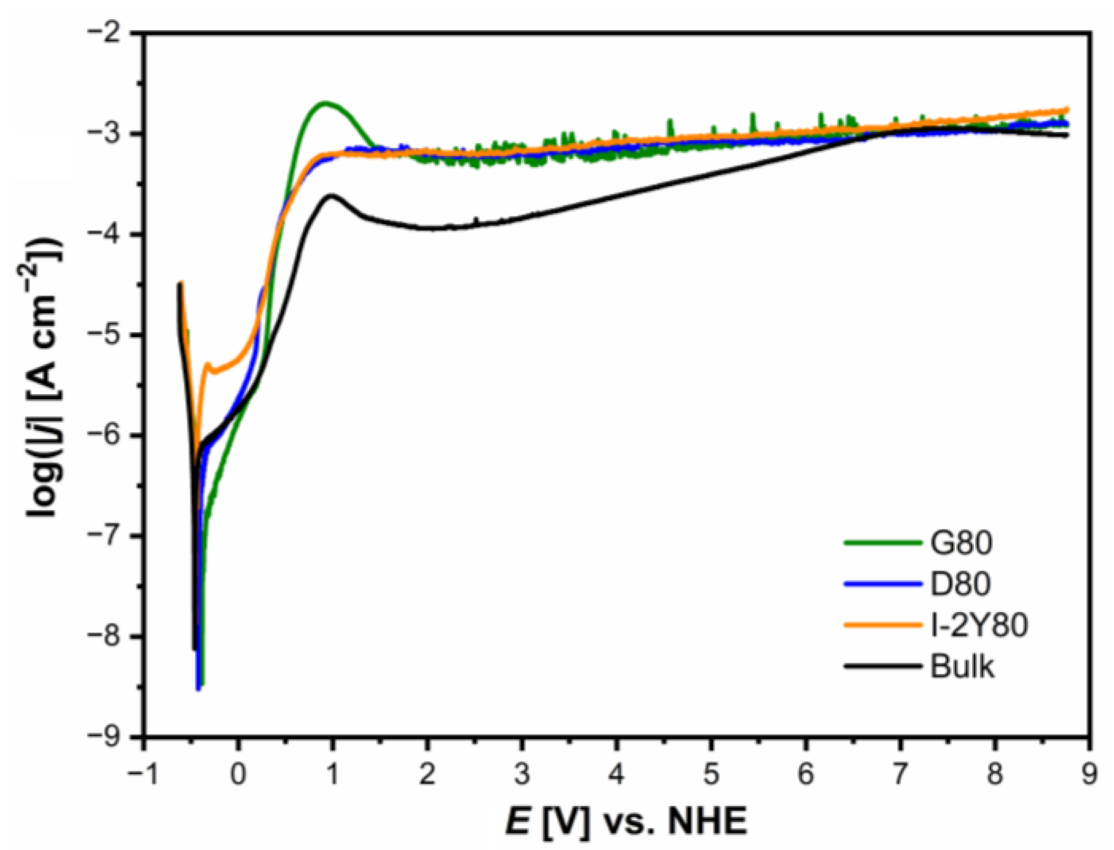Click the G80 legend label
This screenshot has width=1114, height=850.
[x=961, y=543]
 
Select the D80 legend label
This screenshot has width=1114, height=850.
[x=961, y=584]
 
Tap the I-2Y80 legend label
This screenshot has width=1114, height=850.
[x=979, y=625]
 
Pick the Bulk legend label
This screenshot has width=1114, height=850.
[x=962, y=666]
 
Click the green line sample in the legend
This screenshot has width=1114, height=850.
[x=883, y=542]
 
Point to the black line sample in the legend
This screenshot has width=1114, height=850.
[x=883, y=666]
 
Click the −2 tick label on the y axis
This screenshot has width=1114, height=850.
[x=108, y=33]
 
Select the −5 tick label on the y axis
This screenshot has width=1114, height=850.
[x=108, y=335]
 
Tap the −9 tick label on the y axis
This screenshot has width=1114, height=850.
[x=108, y=737]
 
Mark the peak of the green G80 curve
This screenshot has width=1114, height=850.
[x=325, y=102]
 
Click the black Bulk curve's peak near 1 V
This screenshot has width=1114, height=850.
[x=331, y=195]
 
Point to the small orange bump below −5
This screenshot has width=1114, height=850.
[x=208, y=364]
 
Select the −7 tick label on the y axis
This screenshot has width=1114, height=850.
[x=108, y=536]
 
